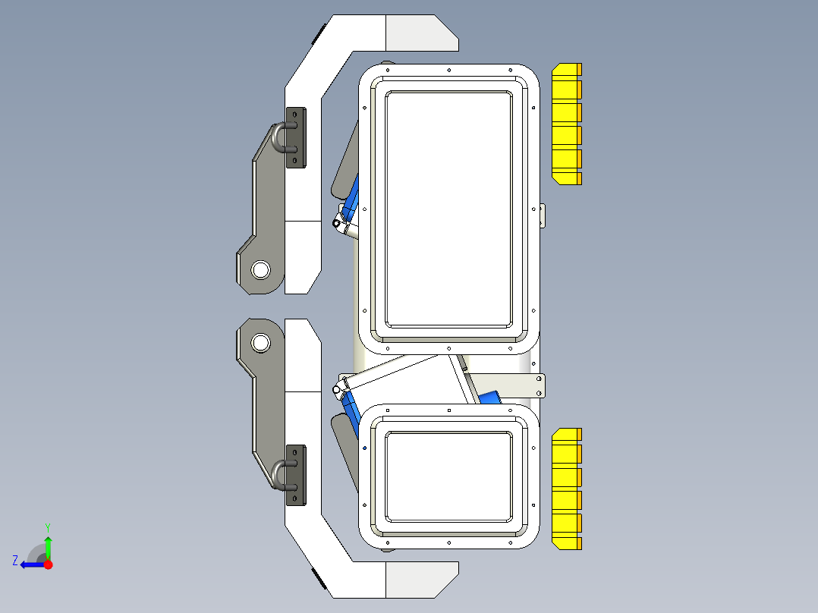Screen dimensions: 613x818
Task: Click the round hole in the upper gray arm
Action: (x=260, y=269)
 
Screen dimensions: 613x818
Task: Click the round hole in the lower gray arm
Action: (x=260, y=342)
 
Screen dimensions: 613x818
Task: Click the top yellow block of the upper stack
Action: (x=565, y=71)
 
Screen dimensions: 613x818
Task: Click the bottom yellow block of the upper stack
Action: (x=565, y=179)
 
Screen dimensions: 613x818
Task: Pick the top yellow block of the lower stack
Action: (x=565, y=435)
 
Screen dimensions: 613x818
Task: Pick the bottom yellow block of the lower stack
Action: (x=565, y=542)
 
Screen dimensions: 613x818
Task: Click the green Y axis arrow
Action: (x=48, y=545)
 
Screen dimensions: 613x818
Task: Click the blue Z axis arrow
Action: (x=30, y=564)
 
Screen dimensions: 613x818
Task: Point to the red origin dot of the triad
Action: (x=48, y=564)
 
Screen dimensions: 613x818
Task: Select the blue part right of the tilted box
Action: (x=489, y=398)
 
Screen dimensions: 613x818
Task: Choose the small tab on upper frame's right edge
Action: (x=542, y=215)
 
